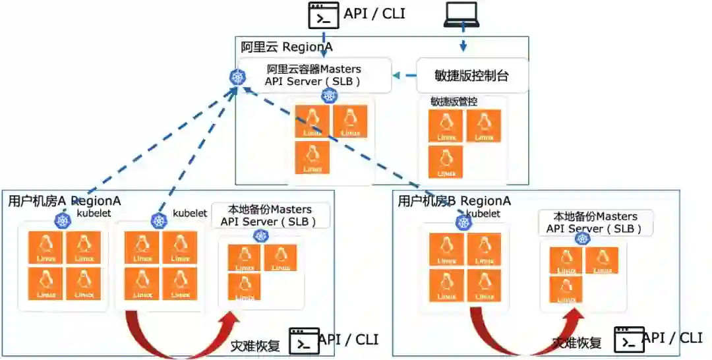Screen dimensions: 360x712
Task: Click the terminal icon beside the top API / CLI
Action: point(324,15)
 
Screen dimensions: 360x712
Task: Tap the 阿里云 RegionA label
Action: point(287,47)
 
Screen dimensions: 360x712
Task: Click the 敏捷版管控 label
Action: point(454,102)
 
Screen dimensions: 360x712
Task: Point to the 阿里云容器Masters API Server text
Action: point(314,75)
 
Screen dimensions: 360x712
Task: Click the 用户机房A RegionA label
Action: point(65,200)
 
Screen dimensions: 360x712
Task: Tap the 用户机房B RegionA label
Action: point(454,200)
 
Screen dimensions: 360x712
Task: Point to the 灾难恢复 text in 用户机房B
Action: point(577,342)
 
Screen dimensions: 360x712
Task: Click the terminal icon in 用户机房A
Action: point(304,341)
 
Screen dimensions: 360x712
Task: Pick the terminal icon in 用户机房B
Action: point(629,340)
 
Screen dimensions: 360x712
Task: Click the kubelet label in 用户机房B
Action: point(483,214)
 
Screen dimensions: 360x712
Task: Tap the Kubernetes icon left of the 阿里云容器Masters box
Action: point(237,77)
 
